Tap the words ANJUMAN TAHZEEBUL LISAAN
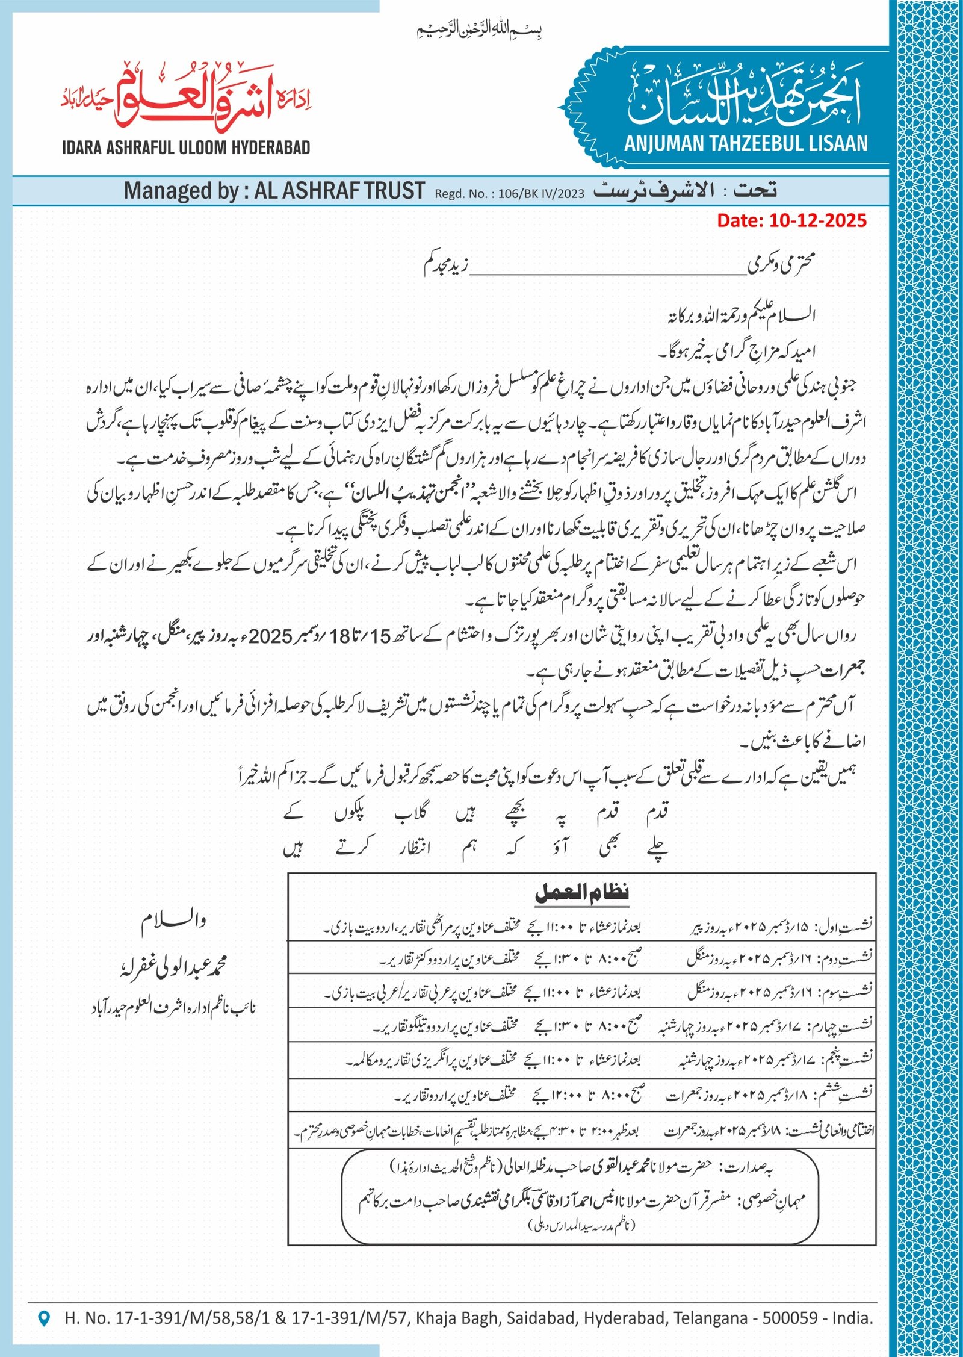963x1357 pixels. click(746, 144)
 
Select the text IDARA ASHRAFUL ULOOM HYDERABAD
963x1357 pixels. click(186, 147)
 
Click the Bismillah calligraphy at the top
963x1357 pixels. click(480, 29)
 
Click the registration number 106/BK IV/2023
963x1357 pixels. click(541, 194)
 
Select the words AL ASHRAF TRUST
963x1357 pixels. click(339, 191)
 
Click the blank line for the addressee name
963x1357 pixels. click(608, 272)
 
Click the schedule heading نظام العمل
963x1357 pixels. click(581, 893)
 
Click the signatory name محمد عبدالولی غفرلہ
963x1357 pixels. click(173, 967)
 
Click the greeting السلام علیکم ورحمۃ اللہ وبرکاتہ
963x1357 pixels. click(742, 316)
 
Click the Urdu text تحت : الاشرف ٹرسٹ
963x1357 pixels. click(685, 191)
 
